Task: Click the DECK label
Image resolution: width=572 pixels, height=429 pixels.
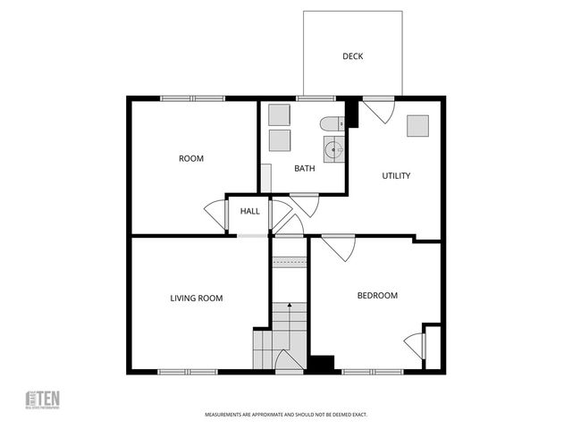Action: [x=352, y=56]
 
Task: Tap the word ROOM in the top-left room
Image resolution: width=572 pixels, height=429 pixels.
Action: [x=191, y=158]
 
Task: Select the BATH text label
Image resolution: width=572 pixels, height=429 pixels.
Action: [x=305, y=168]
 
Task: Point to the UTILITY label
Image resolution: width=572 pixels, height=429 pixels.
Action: [x=396, y=175]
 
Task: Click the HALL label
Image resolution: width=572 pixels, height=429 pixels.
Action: [x=249, y=211]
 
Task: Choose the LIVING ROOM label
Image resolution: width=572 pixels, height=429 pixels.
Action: [x=197, y=298]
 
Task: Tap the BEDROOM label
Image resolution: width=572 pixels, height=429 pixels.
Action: [x=377, y=295]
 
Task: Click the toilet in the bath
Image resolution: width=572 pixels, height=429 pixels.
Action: [x=332, y=123]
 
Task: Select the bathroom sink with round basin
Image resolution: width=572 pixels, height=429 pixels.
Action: [x=332, y=149]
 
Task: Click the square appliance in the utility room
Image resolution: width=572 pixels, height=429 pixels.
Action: [x=417, y=126]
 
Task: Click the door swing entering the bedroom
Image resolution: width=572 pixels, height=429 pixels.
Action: [x=339, y=247]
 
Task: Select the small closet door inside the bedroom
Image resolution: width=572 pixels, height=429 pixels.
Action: [x=415, y=345]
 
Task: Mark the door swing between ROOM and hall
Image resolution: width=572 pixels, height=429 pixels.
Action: [x=216, y=214]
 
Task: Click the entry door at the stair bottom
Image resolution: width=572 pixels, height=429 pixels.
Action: [x=289, y=362]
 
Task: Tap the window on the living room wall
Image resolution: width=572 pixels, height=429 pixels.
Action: [x=188, y=371]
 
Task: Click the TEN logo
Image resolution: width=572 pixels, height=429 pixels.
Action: [x=42, y=399]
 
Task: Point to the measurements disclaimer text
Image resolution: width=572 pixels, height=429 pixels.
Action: [x=286, y=415]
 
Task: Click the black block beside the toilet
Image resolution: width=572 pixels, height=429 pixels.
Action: [x=351, y=113]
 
